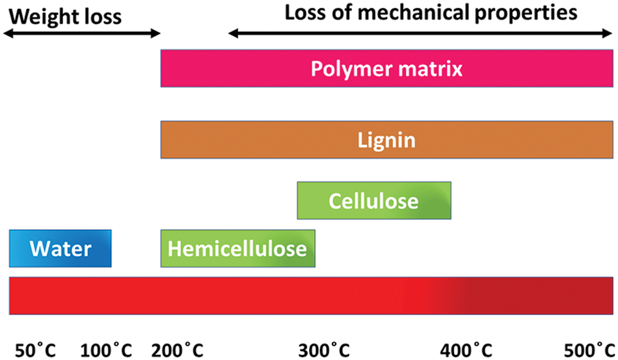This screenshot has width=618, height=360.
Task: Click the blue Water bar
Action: point(60,249)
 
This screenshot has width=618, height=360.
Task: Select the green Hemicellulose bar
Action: point(237,249)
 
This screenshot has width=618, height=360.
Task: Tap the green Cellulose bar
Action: point(374,201)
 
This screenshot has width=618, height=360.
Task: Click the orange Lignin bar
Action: point(386,139)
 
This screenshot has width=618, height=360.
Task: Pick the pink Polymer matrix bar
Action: point(386,68)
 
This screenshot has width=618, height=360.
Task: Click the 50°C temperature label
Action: point(36,350)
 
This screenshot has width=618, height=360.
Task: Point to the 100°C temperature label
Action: point(106,350)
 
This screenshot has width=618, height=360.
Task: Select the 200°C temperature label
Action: point(178,350)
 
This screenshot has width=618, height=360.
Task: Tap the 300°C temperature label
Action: point(324,350)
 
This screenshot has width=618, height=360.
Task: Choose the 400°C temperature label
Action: point(466,350)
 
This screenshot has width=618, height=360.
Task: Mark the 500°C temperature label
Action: point(589,350)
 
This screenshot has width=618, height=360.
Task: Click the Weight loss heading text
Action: point(66,17)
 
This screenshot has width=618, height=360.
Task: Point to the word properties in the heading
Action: point(526,14)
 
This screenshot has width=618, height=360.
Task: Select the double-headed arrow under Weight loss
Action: point(82,33)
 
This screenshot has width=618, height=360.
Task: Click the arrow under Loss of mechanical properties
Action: point(420,33)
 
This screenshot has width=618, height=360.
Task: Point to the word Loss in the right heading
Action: point(304,12)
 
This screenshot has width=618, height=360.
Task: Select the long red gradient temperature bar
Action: point(311,296)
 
